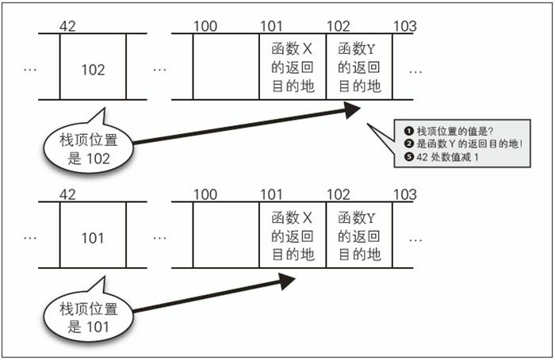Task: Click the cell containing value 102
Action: (x=93, y=70)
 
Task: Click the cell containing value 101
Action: (x=93, y=238)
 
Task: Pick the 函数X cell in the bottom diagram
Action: (x=293, y=236)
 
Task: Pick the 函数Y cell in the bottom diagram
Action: (x=359, y=236)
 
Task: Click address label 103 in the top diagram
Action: (x=404, y=27)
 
